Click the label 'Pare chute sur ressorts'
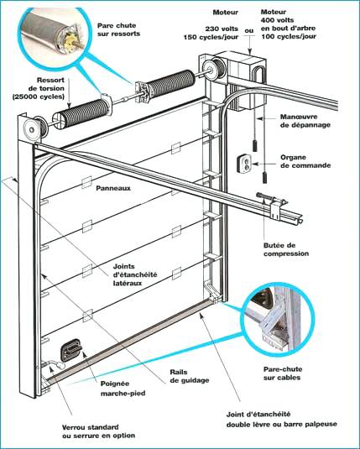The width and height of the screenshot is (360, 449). click(118, 29)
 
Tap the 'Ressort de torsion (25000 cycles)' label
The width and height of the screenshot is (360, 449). click(39, 88)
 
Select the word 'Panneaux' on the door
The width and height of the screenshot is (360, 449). click(113, 188)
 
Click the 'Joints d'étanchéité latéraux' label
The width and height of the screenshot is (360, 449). click(135, 274)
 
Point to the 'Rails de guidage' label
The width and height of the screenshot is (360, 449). click(190, 376)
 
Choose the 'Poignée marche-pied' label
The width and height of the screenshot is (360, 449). click(123, 389)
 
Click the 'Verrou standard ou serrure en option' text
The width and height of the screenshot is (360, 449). click(98, 431)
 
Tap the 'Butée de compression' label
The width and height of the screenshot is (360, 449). click(286, 249)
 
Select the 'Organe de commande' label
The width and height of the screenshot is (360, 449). click(305, 161)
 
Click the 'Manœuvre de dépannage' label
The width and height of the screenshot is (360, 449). click(305, 121)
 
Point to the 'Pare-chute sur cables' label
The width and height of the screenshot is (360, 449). click(283, 373)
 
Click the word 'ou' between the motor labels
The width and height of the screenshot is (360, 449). click(249, 30)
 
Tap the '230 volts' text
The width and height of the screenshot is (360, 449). click(222, 29)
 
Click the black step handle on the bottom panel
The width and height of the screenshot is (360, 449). click(70, 350)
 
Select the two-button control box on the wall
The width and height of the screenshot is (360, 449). click(244, 164)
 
